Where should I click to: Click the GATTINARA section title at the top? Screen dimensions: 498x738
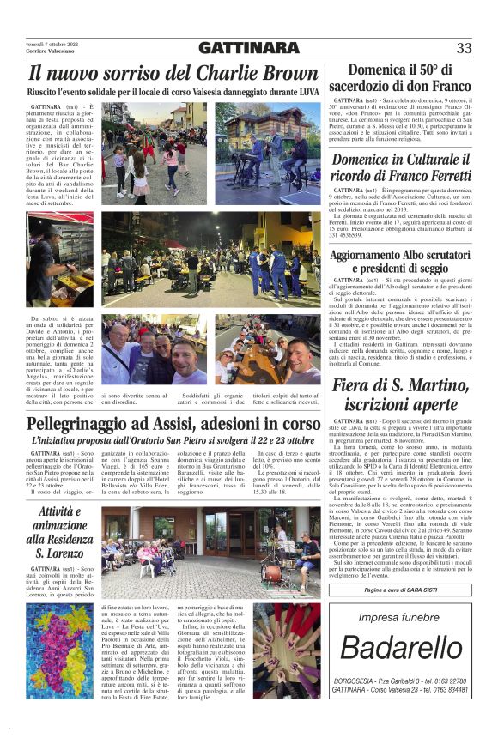pos(249,48)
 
